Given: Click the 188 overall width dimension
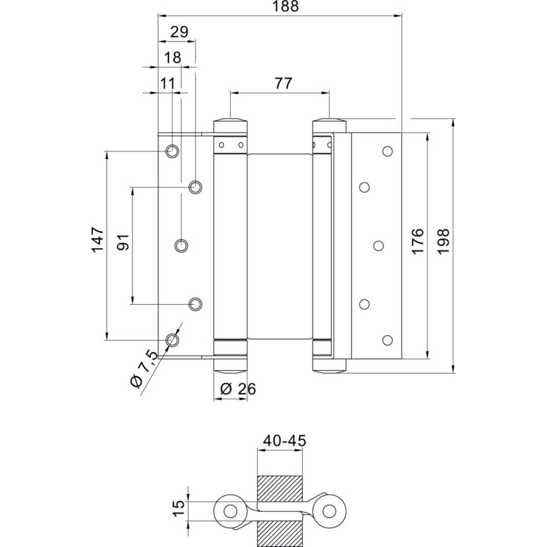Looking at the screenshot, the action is pos(286,6).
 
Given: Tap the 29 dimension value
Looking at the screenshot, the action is pos(179,32).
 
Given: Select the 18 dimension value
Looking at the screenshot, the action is pos(173,58).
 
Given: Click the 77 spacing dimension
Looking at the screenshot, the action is pos(283,83).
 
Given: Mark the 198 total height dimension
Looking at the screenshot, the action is pos(444,241).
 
